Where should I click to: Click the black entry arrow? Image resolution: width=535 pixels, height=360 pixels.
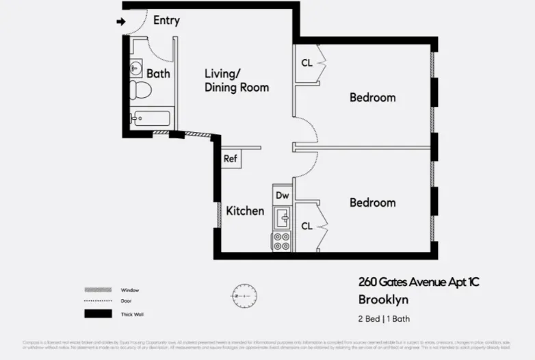pyautogui.click(x=121, y=22)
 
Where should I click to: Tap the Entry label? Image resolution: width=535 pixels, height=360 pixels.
pyautogui.click(x=166, y=21)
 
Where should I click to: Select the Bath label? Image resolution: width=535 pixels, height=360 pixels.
pyautogui.click(x=158, y=73)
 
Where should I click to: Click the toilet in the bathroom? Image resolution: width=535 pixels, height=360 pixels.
pyautogui.click(x=142, y=90)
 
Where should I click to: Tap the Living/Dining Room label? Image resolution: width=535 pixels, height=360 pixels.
pyautogui.click(x=237, y=81)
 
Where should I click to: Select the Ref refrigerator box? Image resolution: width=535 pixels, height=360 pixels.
pyautogui.click(x=231, y=159)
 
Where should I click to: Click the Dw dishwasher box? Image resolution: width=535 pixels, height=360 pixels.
pyautogui.click(x=283, y=196)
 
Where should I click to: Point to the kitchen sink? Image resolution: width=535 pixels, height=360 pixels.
pyautogui.click(x=282, y=218)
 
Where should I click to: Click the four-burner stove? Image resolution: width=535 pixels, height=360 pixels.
pyautogui.click(x=282, y=241)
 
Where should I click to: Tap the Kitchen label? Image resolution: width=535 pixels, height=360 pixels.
pyautogui.click(x=245, y=211)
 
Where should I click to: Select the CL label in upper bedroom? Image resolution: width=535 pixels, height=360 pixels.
pyautogui.click(x=307, y=64)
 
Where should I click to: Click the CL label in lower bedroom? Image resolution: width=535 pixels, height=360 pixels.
pyautogui.click(x=307, y=227)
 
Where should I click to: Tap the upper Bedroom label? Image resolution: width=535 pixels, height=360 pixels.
pyautogui.click(x=372, y=97)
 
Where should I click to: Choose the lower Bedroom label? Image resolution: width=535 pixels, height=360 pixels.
pyautogui.click(x=372, y=203)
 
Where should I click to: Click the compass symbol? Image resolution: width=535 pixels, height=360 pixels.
pyautogui.click(x=244, y=296)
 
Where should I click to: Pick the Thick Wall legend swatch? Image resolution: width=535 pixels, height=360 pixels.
pyautogui.click(x=98, y=314)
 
